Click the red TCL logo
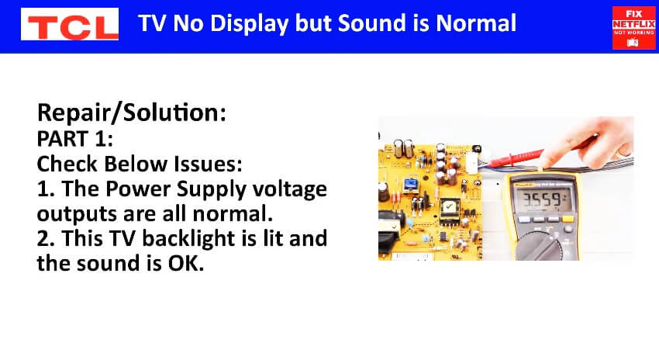click(70, 24)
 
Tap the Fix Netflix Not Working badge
click(633, 28)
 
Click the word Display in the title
click(249, 23)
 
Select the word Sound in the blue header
click(372, 22)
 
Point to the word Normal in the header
click(476, 22)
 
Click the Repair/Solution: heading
click(132, 112)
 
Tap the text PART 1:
click(74, 139)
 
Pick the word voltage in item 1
click(290, 190)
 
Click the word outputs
click(77, 214)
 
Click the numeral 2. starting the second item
click(46, 238)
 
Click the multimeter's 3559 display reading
click(543, 199)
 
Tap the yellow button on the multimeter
click(568, 219)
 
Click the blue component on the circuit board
click(410, 185)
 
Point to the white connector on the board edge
click(472, 162)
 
